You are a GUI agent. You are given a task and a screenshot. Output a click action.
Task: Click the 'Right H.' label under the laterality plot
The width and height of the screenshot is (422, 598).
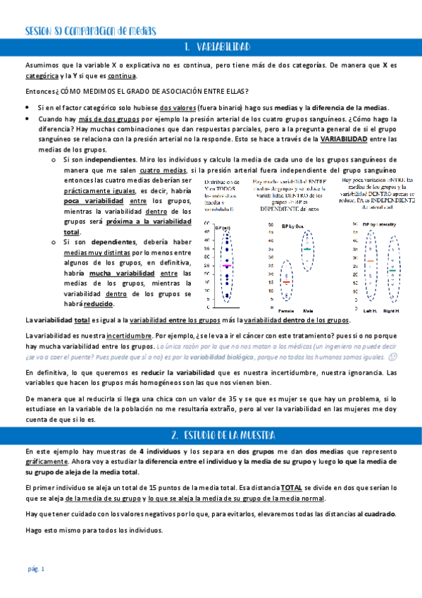pos(391,310)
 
